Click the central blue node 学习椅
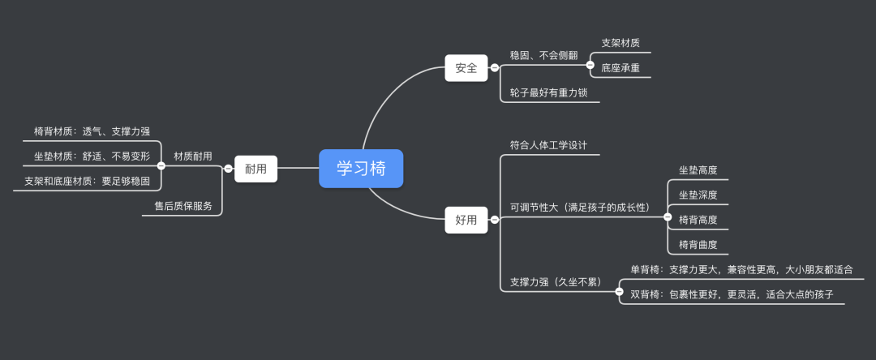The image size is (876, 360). click(361, 168)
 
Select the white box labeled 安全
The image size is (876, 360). click(466, 68)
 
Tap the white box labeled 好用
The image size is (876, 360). click(466, 220)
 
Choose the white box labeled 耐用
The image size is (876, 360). click(255, 169)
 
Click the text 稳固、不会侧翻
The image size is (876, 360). click(543, 55)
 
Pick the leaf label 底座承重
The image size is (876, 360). click(620, 68)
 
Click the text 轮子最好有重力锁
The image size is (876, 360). click(549, 93)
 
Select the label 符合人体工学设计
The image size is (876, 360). click(548, 145)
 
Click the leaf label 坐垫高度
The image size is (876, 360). click(698, 170)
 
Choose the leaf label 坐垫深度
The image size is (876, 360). click(698, 195)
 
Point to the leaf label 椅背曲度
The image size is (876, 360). click(698, 244)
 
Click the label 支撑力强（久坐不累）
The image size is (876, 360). click(555, 282)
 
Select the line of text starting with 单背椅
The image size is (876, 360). click(741, 269)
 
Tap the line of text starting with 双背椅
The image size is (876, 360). click(732, 294)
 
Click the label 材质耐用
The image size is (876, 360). click(193, 156)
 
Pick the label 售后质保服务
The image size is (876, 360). click(183, 206)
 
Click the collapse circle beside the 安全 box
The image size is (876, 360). click(495, 68)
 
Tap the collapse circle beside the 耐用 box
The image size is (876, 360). click(228, 169)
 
